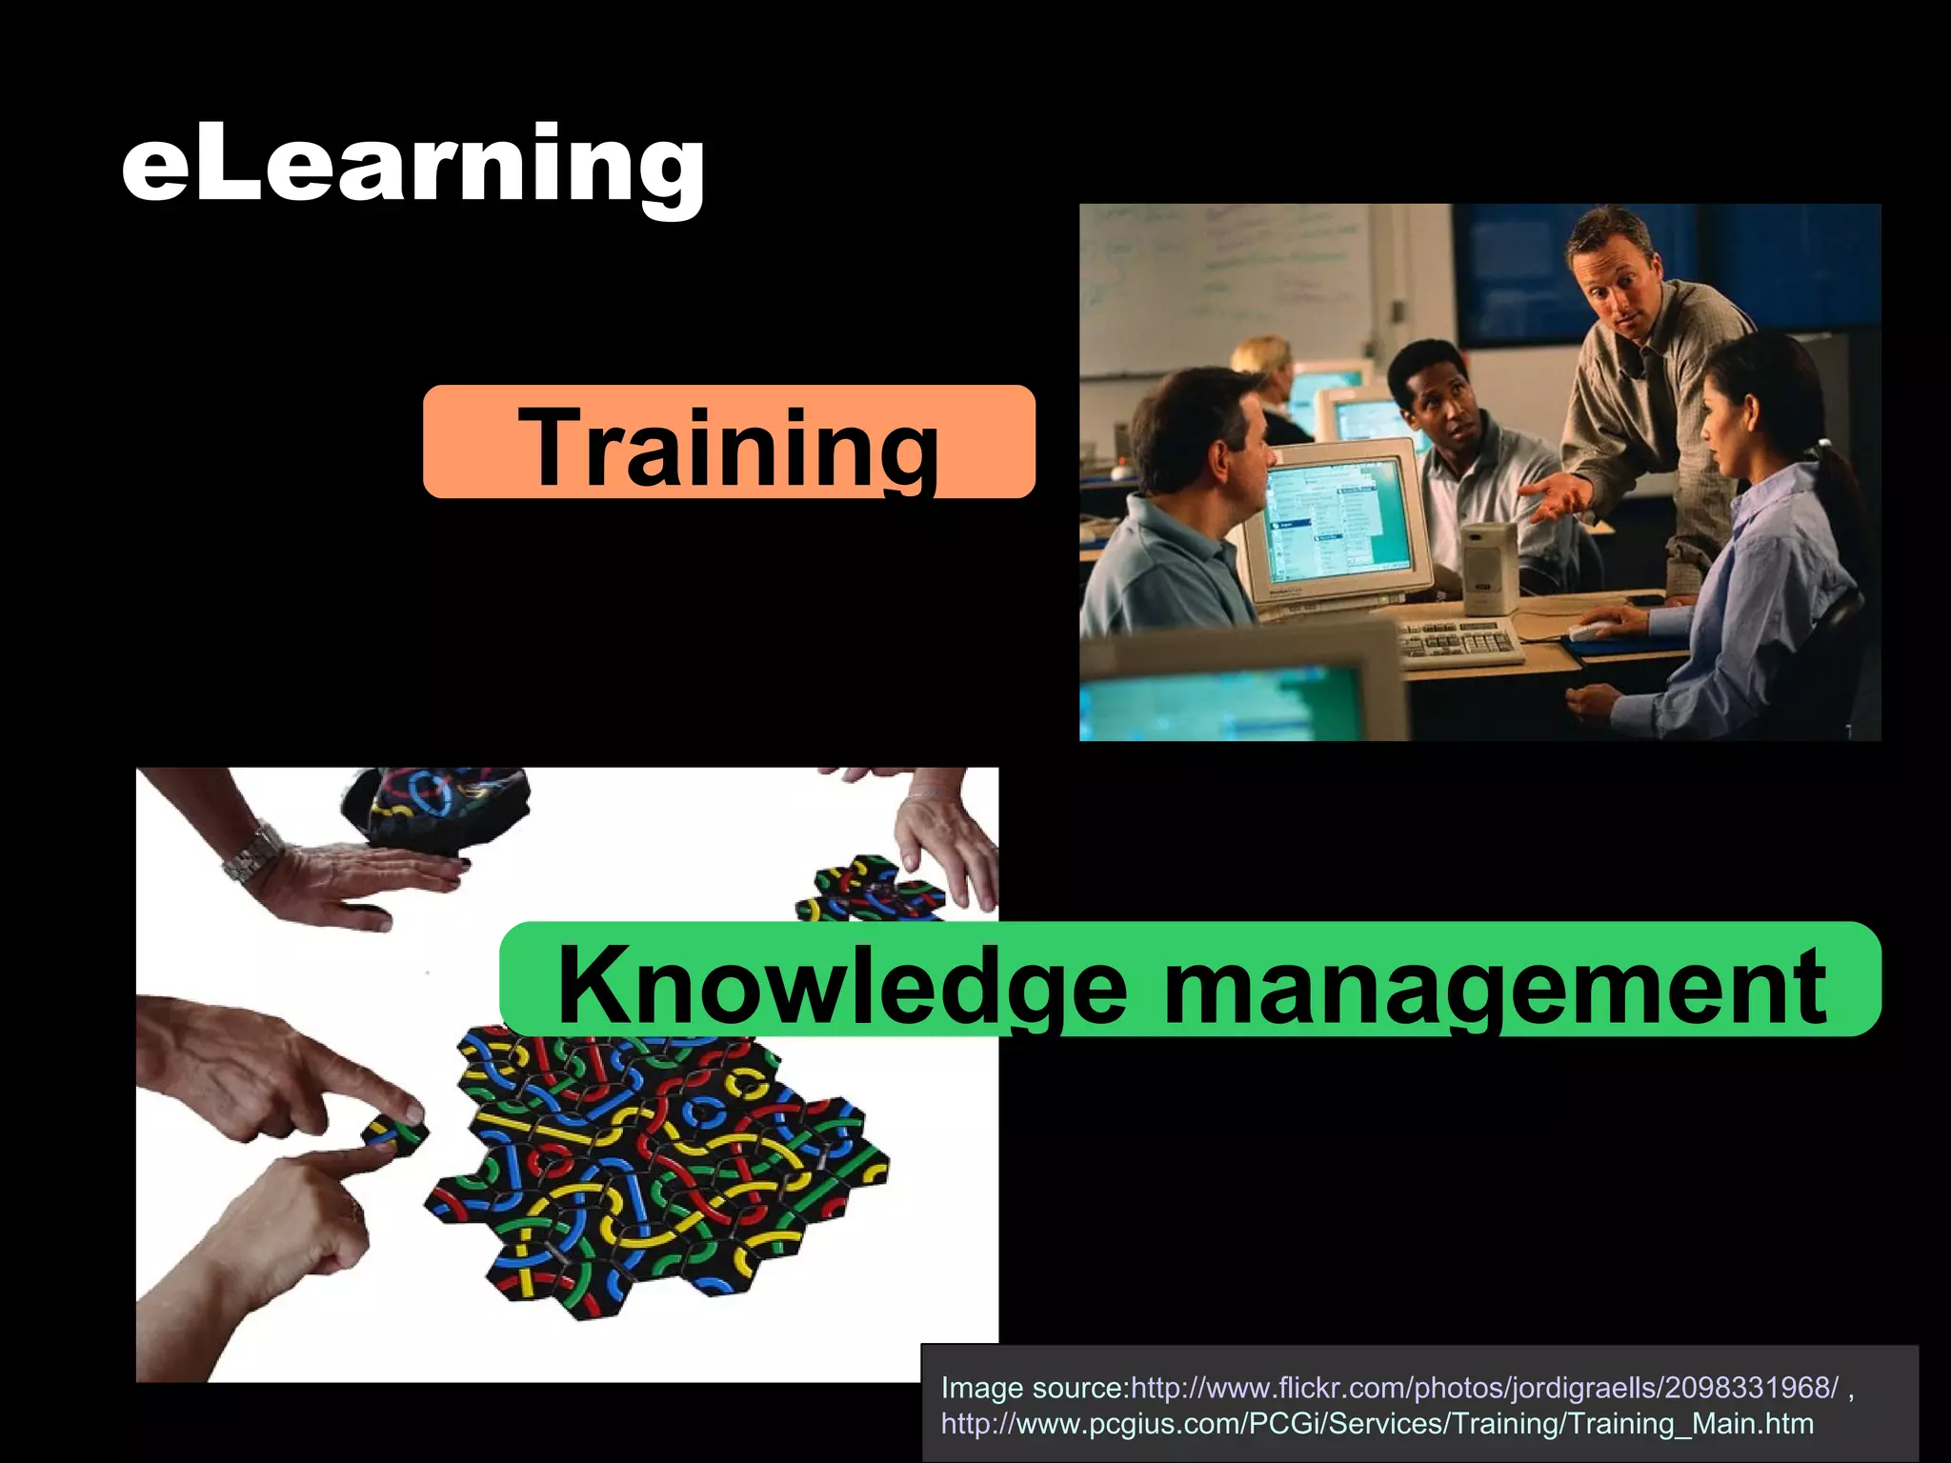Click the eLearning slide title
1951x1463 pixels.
tap(412, 164)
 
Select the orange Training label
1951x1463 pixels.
tap(729, 443)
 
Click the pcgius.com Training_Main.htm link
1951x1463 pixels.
tap(1377, 1424)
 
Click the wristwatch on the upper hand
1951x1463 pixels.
tap(251, 852)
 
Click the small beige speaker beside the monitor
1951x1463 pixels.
tap(1488, 567)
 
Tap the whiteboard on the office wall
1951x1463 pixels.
tap(1229, 276)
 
